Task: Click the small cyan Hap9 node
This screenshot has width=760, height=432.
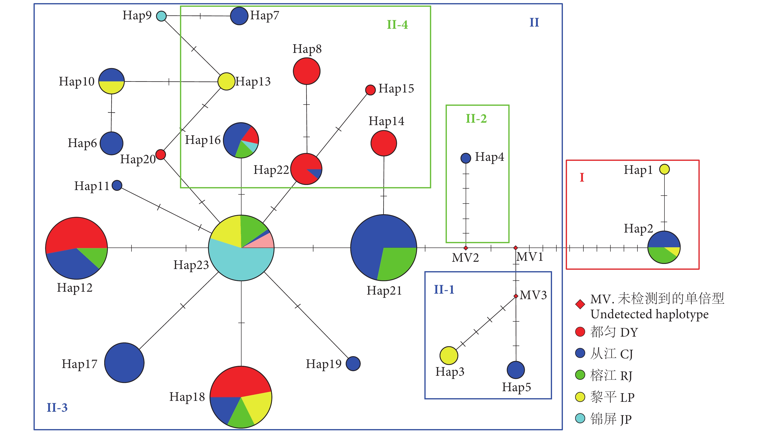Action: click(x=161, y=16)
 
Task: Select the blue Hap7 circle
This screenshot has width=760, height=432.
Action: click(x=239, y=16)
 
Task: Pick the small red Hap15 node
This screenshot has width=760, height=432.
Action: click(x=370, y=90)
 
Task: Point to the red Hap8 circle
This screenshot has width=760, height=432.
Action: click(x=306, y=71)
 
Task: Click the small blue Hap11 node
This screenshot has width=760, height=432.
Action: click(x=117, y=185)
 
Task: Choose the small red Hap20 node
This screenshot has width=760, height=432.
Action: click(x=161, y=154)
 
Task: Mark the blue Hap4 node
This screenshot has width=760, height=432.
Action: click(x=466, y=158)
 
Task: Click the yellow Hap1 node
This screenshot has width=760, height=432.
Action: click(x=664, y=169)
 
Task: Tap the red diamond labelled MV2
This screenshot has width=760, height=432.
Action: click(x=466, y=248)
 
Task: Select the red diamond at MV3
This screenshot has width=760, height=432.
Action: click(x=516, y=296)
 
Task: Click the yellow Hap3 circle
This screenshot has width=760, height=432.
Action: click(x=449, y=355)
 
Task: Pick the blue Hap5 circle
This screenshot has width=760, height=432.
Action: click(x=516, y=370)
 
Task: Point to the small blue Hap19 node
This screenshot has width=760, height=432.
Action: click(x=353, y=363)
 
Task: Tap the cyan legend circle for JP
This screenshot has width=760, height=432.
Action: click(x=580, y=418)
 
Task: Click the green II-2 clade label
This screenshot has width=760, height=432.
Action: click(x=476, y=119)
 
